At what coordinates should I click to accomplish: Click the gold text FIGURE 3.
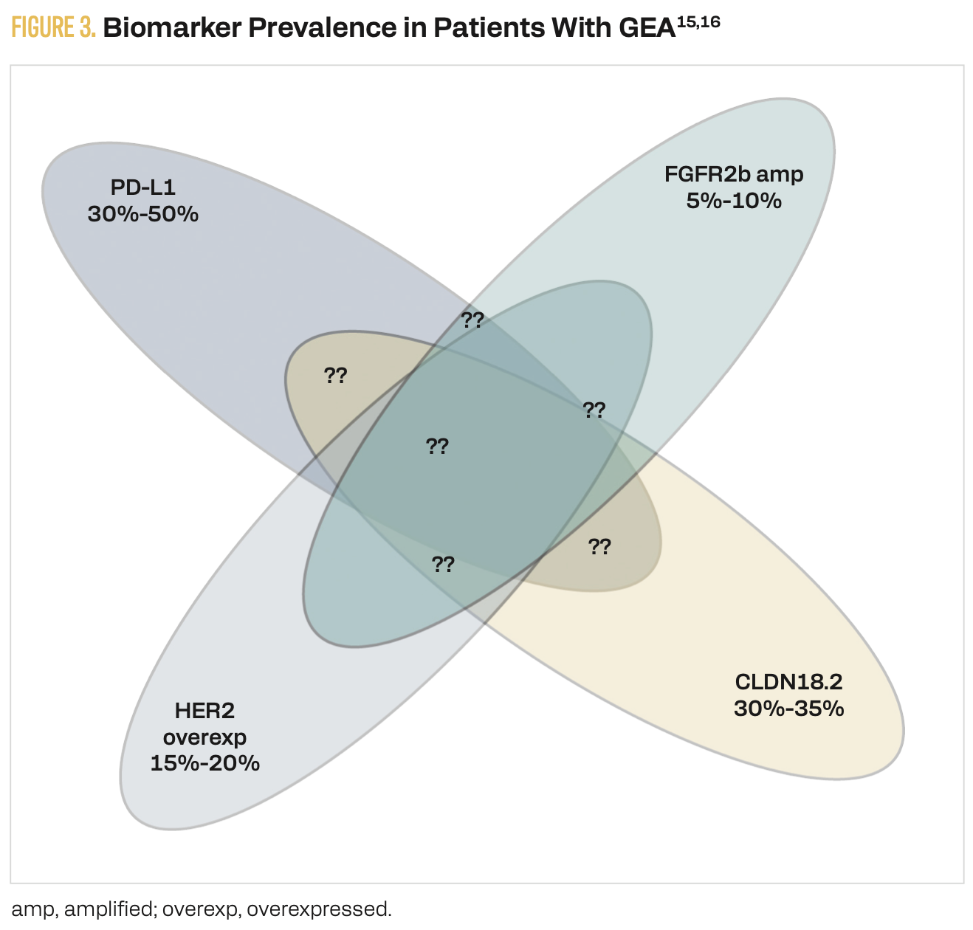pyautogui.click(x=54, y=27)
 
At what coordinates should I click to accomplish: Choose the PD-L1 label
pyautogui.click(x=143, y=187)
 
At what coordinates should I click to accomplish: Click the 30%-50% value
pyautogui.click(x=143, y=214)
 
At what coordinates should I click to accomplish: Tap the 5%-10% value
pyautogui.click(x=734, y=201)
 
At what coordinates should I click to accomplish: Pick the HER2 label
pyautogui.click(x=204, y=711)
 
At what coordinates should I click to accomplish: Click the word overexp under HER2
pyautogui.click(x=204, y=737)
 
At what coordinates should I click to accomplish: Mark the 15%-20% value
pyautogui.click(x=204, y=762)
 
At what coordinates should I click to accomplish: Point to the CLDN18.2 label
pyautogui.click(x=788, y=681)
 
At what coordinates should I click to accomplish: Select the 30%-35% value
pyautogui.click(x=788, y=708)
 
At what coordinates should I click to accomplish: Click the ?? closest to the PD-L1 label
pyautogui.click(x=336, y=376)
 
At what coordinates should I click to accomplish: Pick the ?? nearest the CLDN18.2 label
pyautogui.click(x=599, y=547)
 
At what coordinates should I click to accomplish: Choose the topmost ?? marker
pyautogui.click(x=472, y=320)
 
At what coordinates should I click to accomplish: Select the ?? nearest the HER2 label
pyautogui.click(x=443, y=565)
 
